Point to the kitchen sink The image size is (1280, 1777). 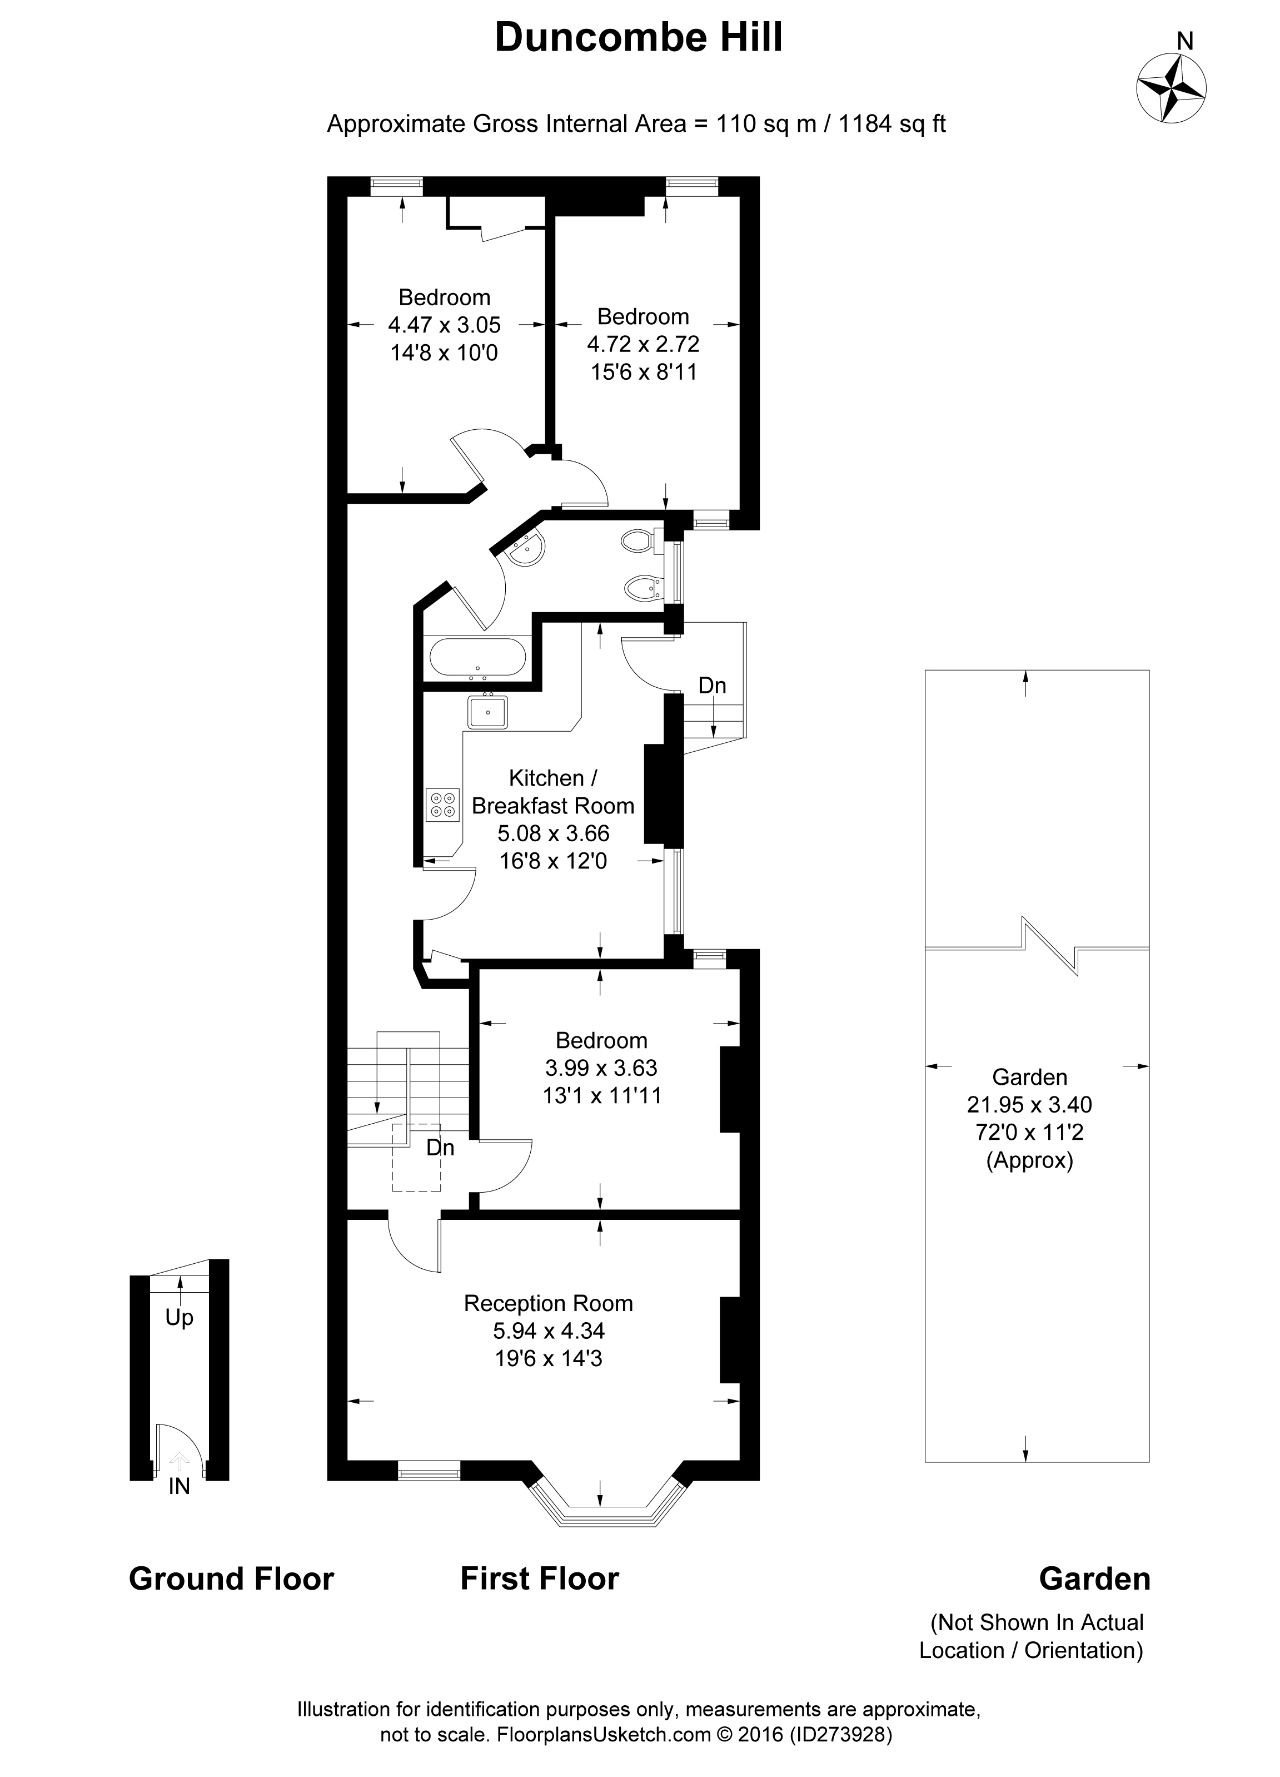point(487,713)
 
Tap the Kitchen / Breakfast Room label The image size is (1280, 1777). point(552,791)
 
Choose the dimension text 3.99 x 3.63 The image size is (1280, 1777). point(601,1067)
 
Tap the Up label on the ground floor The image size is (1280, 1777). point(180,1318)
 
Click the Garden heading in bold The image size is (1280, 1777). point(1094,1579)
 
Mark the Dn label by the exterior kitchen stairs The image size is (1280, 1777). point(712,686)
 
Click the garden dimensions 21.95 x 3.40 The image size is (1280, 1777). point(1029,1105)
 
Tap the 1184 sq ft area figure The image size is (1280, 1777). point(892,124)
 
